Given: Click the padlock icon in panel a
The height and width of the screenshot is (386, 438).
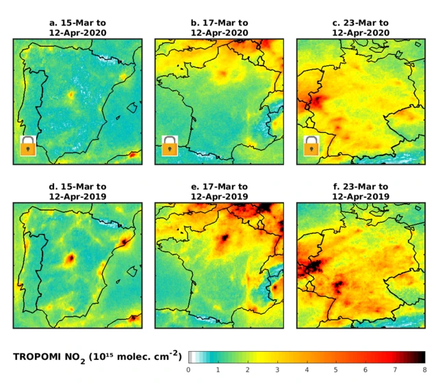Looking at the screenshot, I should click(28, 146).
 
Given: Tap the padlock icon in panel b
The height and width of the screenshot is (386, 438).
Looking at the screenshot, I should click(170, 146).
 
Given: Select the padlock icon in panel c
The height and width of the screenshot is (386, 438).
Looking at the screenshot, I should click(312, 146).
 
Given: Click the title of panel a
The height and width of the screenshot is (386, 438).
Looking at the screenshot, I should click(77, 27).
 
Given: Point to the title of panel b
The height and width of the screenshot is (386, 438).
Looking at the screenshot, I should click(219, 27).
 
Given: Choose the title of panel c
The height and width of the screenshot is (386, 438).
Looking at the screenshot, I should click(361, 27).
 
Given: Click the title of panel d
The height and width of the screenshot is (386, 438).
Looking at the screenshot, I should click(77, 192).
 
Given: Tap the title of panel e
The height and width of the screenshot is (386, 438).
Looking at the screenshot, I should click(219, 192).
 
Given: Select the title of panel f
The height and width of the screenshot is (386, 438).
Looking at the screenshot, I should click(361, 192).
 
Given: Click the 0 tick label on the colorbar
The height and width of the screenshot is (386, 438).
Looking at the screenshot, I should click(188, 370).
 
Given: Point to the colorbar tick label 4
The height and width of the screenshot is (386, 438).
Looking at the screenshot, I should click(307, 370).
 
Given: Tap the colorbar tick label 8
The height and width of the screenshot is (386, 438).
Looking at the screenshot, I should click(424, 370).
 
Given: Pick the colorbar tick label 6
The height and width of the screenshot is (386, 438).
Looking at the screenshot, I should click(365, 370).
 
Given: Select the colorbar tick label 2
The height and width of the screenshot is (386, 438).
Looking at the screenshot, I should click(247, 370).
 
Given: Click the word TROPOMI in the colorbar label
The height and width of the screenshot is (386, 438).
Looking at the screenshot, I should click(38, 357).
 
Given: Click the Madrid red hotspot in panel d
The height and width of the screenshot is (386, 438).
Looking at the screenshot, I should click(70, 259).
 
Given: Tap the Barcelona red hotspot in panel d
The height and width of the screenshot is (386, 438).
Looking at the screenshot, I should click(124, 242).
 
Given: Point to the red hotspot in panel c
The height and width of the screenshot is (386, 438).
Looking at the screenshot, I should click(317, 103).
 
